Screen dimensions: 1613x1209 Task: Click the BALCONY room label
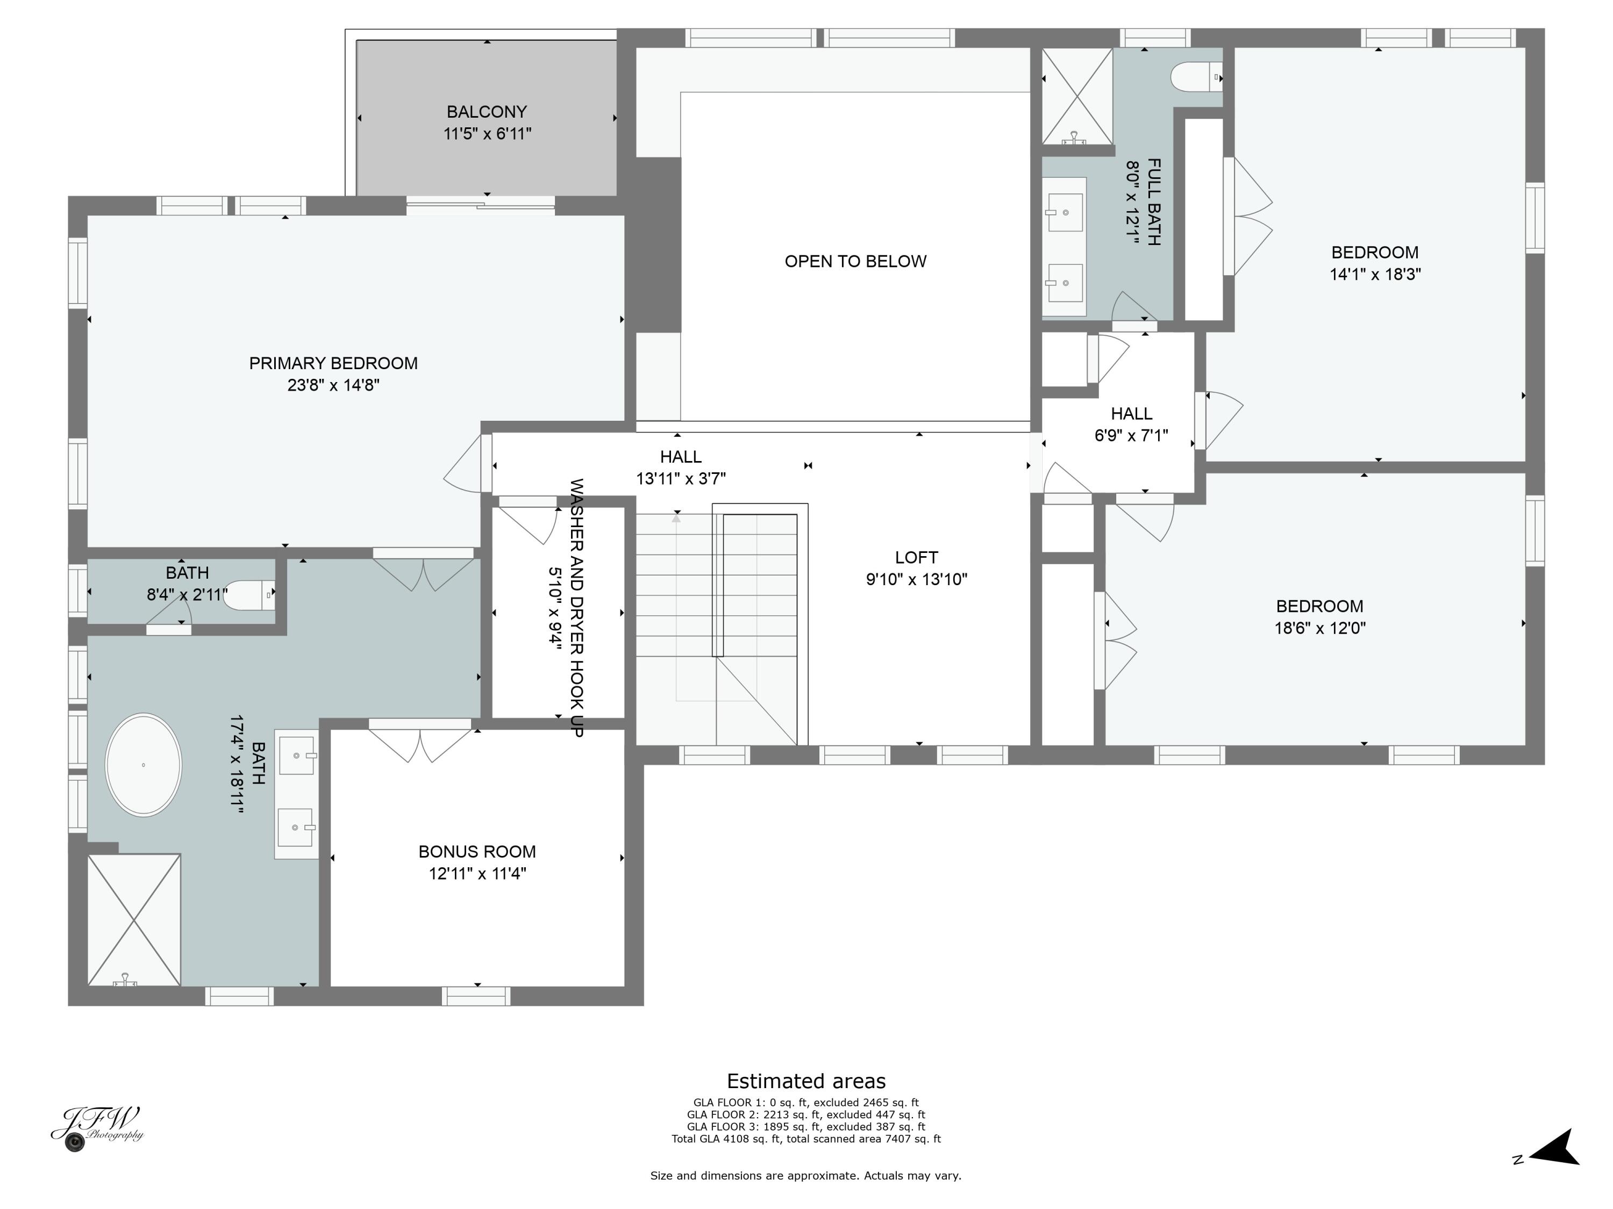(x=487, y=112)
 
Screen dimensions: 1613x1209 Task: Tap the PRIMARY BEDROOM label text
(x=333, y=363)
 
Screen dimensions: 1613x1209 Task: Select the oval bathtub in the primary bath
(x=144, y=765)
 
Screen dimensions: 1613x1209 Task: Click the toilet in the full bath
(x=1196, y=76)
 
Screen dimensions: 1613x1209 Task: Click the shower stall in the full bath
(x=1077, y=96)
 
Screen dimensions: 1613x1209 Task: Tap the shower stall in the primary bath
(x=134, y=920)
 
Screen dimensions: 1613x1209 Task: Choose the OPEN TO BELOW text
(x=855, y=261)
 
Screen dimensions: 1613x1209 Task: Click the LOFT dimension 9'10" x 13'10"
(x=917, y=579)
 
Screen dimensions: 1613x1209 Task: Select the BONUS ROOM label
(x=477, y=851)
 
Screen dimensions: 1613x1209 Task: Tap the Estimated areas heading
(x=806, y=1081)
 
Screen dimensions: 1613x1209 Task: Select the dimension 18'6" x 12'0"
(x=1320, y=628)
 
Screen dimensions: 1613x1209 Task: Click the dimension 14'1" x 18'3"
(x=1375, y=274)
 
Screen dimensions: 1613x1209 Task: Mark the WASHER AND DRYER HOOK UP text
(x=576, y=608)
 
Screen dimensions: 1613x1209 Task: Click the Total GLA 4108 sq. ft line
(x=806, y=1138)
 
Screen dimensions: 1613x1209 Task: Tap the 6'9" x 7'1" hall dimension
(x=1131, y=435)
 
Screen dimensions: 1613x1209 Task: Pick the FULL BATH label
(x=1154, y=202)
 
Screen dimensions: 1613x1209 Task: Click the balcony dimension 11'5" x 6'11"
(x=487, y=133)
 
